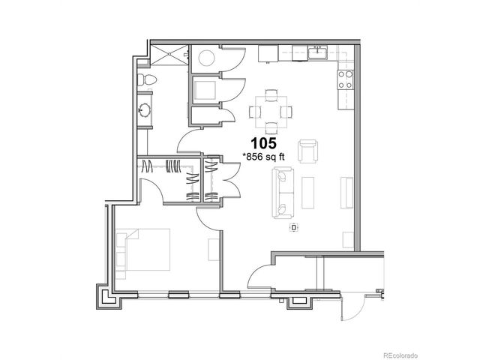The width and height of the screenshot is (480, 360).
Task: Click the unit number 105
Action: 263,142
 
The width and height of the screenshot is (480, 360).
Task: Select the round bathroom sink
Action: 145,112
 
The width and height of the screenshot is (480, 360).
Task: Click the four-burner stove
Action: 346,79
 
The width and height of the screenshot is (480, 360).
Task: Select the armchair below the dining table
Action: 307,150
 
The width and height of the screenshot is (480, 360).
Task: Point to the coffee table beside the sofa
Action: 309,193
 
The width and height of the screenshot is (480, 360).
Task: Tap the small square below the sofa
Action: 294,226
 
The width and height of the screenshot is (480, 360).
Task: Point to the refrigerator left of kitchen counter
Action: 268,53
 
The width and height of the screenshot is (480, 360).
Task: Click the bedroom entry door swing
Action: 208,215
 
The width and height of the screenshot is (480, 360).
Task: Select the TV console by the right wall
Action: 346,193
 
